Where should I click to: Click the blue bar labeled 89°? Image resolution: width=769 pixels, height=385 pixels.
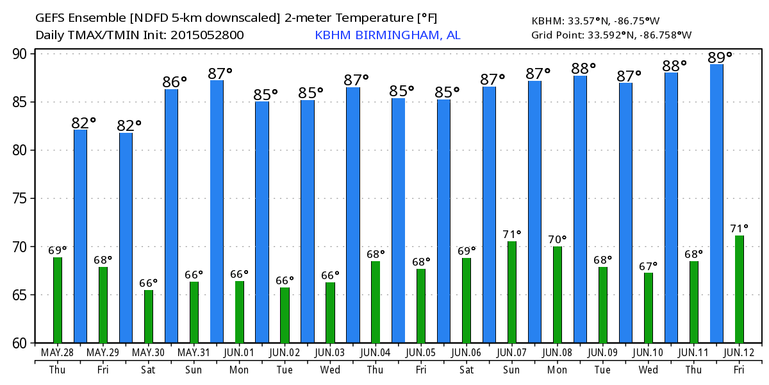click(716, 203)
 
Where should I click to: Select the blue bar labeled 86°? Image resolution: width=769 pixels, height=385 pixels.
click(171, 216)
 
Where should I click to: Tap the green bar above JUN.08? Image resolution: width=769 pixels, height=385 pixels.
click(557, 295)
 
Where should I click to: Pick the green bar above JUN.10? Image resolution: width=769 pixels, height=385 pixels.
click(648, 308)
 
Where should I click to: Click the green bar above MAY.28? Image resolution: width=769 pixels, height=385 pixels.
click(58, 300)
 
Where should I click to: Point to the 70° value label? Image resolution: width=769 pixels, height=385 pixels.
click(558, 240)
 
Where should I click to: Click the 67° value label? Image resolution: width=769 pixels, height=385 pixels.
click(649, 266)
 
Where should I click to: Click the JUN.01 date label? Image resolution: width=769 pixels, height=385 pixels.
click(238, 353)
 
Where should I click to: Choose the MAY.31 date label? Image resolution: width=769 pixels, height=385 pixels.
click(193, 353)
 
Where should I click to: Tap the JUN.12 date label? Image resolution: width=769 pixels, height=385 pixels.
click(739, 353)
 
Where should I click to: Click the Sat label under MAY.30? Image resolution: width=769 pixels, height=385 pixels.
click(148, 370)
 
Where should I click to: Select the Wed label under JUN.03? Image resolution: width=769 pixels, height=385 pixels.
click(330, 370)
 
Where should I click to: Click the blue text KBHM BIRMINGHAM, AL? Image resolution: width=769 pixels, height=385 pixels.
click(387, 35)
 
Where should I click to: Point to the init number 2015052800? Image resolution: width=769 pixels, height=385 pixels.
click(207, 35)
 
